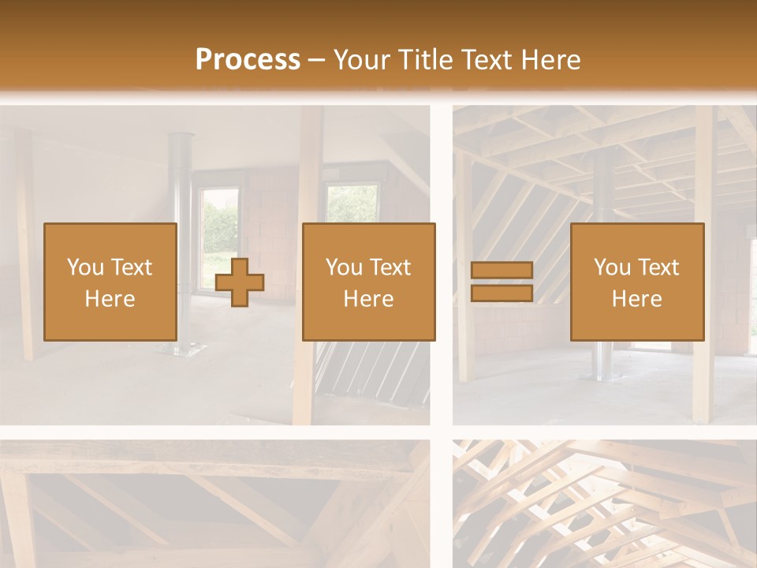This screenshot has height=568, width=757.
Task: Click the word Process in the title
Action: pos(248,59)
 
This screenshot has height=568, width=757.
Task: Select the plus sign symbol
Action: pos(240,282)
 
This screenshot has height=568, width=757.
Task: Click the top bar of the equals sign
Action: pos(502,270)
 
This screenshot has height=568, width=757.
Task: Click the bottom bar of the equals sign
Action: pos(502,293)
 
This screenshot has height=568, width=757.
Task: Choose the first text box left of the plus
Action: pos(110,282)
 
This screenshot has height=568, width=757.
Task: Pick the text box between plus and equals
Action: pos(368,282)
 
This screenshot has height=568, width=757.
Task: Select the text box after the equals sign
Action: pos(636,282)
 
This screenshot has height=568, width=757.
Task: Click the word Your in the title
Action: pos(360,59)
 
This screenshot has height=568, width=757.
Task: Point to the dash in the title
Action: pos(316,60)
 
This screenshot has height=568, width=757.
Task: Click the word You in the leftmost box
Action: pos(84,267)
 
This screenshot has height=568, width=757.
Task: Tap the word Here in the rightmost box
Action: pos(636,299)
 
